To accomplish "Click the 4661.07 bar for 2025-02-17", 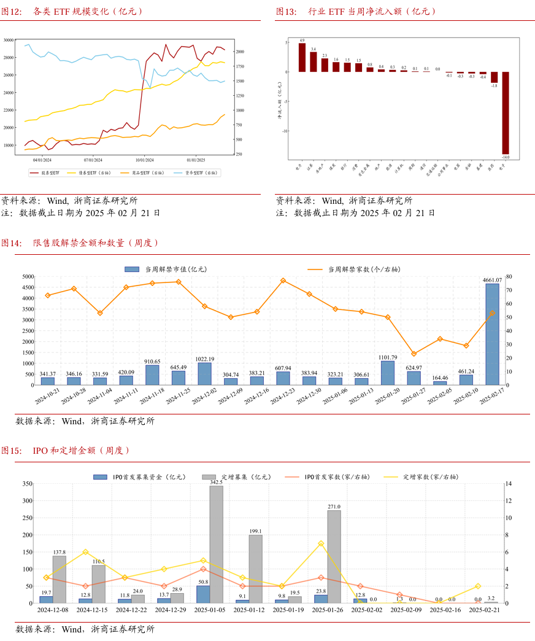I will (x=492, y=334).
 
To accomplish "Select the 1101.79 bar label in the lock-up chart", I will (x=387, y=357).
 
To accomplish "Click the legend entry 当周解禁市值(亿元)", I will (x=166, y=269).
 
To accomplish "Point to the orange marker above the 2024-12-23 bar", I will (x=283, y=281).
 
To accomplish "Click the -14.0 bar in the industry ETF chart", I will (x=506, y=112).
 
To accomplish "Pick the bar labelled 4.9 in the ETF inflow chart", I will (x=302, y=57).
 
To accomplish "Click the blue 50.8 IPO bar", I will (x=203, y=594).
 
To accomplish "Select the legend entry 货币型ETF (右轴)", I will (x=197, y=173).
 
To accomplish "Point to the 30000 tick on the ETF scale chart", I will (x=9, y=40).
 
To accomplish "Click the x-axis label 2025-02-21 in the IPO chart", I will (x=485, y=610).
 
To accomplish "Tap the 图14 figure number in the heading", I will (x=11, y=243).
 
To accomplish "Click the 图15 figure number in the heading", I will (x=11, y=451).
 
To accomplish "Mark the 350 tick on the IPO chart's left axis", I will (x=26, y=484).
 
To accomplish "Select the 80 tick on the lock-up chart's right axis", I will (x=509, y=277).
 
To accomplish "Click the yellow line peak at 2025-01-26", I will (x=321, y=543).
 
